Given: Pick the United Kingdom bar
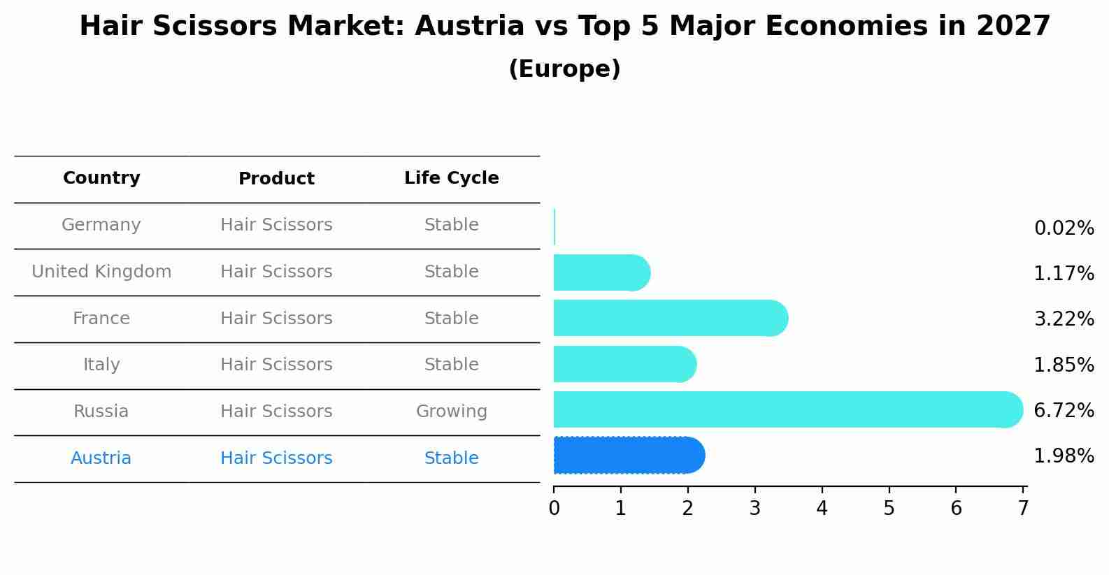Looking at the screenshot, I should (600, 272).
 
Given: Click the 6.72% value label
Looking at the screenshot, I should (1064, 410).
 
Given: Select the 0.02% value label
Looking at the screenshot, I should (1064, 228).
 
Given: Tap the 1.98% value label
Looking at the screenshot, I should (1064, 456).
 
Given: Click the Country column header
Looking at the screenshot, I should (101, 178).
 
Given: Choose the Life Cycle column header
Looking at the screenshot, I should (451, 178).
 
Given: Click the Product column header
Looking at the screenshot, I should (276, 179).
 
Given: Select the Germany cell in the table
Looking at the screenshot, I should (101, 225).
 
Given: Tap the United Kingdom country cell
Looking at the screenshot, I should (101, 272).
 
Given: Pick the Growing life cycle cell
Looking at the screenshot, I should (451, 412).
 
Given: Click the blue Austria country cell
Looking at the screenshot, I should (101, 458).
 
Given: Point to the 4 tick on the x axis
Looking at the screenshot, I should (822, 509).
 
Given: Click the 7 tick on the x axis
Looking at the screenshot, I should (1023, 509).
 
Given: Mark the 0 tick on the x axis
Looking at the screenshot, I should (554, 509).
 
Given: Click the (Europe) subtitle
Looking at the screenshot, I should (564, 69).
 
